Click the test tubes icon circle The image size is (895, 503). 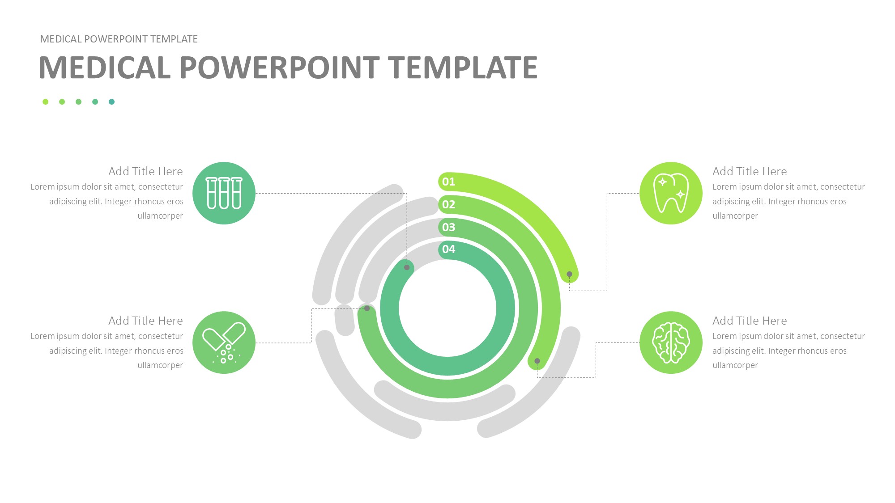tap(224, 193)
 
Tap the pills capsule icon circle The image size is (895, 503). tap(224, 342)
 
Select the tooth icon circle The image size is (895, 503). tap(671, 193)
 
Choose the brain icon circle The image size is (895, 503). tap(671, 342)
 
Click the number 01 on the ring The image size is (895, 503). tap(448, 182)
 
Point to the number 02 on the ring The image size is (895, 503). tap(448, 204)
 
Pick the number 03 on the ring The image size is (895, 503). tap(448, 227)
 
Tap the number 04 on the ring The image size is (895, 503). tap(448, 249)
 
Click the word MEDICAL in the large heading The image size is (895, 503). tap(105, 68)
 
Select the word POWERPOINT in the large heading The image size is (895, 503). tap(280, 68)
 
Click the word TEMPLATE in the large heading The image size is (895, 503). tap(463, 68)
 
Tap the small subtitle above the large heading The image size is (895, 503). tap(119, 39)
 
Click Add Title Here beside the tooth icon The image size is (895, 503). tap(750, 171)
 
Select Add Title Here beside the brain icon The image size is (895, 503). tap(750, 321)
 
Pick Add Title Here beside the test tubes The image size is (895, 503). tap(145, 171)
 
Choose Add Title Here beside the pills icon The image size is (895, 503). tap(145, 321)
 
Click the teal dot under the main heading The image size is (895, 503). tap(112, 102)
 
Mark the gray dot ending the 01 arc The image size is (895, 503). tap(569, 274)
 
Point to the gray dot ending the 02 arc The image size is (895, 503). tap(537, 361)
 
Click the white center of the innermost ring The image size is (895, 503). tap(447, 308)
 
